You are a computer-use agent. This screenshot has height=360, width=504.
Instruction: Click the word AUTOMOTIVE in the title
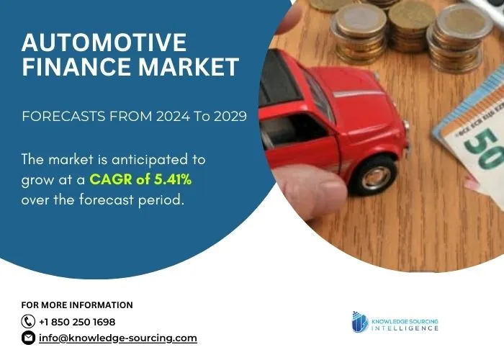104,42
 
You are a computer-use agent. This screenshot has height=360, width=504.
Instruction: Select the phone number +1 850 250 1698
77,322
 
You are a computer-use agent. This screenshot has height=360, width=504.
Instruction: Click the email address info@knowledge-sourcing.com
117,338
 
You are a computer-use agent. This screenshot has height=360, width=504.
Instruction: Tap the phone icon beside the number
29,322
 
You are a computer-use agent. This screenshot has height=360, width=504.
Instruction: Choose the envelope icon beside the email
29,338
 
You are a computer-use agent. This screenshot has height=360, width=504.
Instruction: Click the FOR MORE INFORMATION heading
77,305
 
